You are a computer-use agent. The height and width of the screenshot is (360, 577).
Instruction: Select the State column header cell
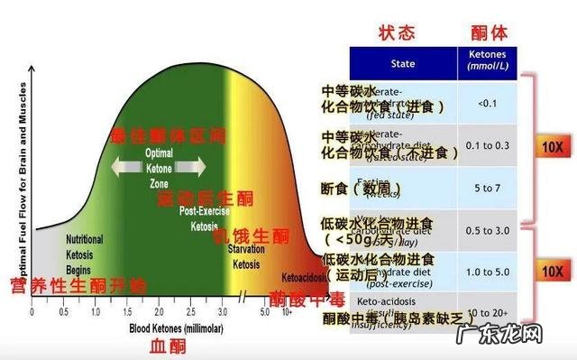[x=403, y=64]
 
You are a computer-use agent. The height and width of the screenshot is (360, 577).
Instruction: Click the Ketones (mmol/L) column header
[x=488, y=64]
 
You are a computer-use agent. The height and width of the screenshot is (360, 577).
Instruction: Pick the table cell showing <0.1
[x=488, y=102]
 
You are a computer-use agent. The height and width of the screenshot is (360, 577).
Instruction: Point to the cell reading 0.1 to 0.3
[x=488, y=145]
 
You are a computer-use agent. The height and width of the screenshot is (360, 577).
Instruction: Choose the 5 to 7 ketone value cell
[x=488, y=188]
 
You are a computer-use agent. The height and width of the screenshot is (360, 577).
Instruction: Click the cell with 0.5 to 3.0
[x=488, y=230]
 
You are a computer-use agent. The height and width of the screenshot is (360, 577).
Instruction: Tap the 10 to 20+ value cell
[x=488, y=311]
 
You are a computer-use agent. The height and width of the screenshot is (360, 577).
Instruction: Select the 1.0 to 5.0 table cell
[x=488, y=272]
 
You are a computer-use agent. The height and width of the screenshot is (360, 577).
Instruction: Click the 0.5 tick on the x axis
[x=63, y=311]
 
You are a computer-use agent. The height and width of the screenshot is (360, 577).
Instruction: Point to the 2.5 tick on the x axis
[x=190, y=311]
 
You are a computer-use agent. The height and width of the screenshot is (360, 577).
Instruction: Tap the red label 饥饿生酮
[x=252, y=236]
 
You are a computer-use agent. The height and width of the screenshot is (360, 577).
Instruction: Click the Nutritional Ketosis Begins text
[x=84, y=254]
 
